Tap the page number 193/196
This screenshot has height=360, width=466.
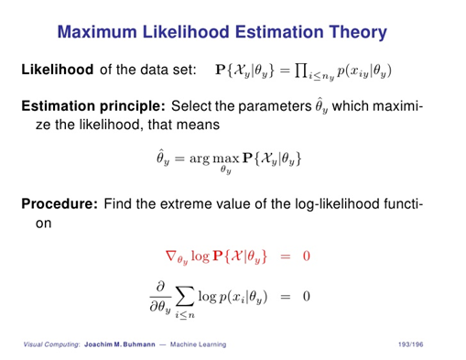tap(425, 344)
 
